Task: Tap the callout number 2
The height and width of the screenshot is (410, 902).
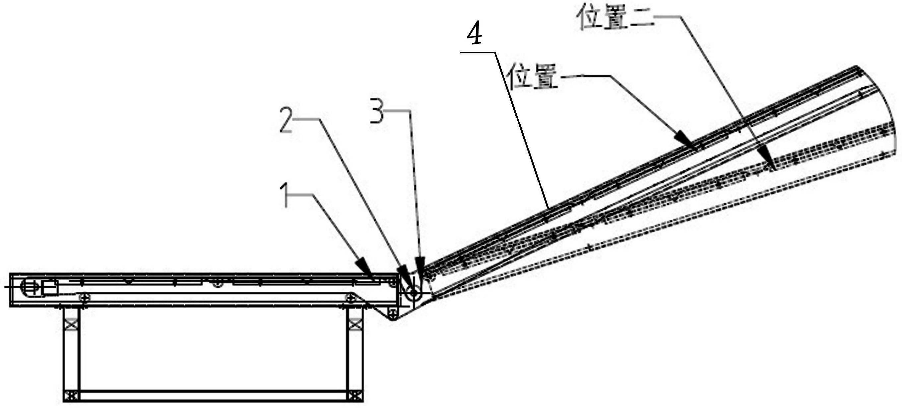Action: pyautogui.click(x=286, y=120)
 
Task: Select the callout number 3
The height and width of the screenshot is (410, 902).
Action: pyautogui.click(x=377, y=111)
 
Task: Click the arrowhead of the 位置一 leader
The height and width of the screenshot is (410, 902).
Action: pyautogui.click(x=685, y=140)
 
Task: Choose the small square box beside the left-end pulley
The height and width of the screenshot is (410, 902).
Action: pyautogui.click(x=50, y=287)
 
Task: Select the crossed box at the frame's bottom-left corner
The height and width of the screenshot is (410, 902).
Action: pyautogui.click(x=71, y=396)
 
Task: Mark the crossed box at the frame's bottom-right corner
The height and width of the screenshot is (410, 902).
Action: pyautogui.click(x=355, y=396)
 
